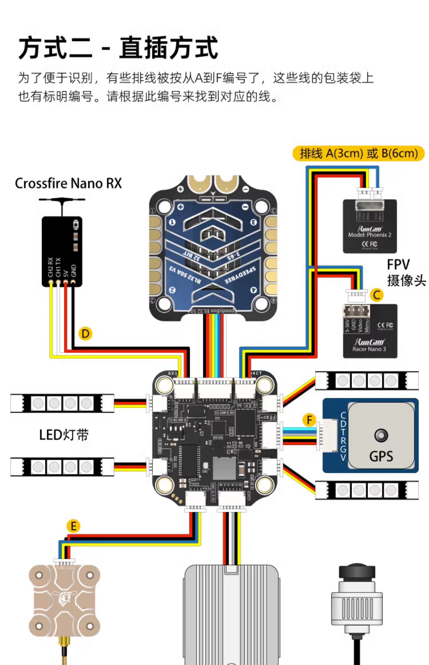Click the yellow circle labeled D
(x=85, y=334)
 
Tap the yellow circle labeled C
(x=377, y=295)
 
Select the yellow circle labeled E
(x=73, y=526)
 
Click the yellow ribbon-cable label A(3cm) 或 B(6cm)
(x=359, y=153)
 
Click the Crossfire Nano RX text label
(x=68, y=183)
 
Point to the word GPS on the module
(x=381, y=456)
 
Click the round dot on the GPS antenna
(x=381, y=435)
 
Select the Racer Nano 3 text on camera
(x=369, y=349)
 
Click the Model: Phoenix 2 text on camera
(x=370, y=235)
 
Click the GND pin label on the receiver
(x=73, y=271)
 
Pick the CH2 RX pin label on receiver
(x=50, y=267)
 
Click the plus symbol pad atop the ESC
(x=181, y=189)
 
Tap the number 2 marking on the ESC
(x=172, y=290)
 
